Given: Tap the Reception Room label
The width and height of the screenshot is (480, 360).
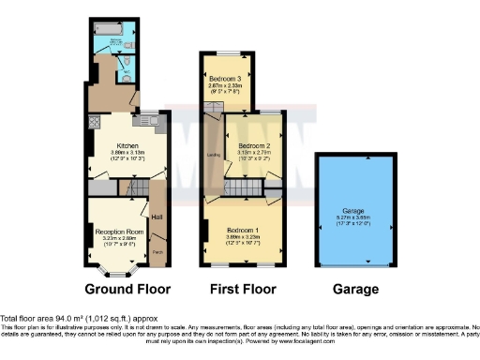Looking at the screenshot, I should [x=117, y=231].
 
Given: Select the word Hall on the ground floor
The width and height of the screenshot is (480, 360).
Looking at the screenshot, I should [x=157, y=218].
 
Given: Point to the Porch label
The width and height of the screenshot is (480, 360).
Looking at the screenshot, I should [x=157, y=253].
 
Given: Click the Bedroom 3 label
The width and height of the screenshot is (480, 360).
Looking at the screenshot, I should [x=225, y=78].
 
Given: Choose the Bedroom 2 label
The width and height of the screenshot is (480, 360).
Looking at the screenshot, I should [x=254, y=147].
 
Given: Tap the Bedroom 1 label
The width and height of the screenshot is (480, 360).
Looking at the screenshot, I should [x=243, y=231].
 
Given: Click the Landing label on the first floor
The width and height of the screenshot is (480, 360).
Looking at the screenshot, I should [x=213, y=155].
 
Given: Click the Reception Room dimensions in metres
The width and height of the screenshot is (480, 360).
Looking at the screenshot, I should [x=117, y=238].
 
